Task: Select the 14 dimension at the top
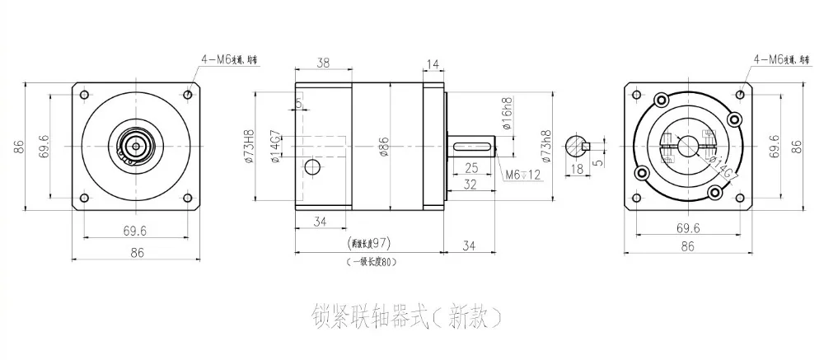tap(433, 62)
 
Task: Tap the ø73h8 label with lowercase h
tap(542, 147)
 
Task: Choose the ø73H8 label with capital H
tap(248, 146)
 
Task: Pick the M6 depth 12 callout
tap(524, 175)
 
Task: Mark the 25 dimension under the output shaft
tap(471, 168)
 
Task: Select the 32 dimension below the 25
tap(471, 185)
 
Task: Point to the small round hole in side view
tap(312, 168)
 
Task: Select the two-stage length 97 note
tap(368, 244)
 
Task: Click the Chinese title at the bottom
tap(406, 316)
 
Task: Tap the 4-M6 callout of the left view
tap(229, 59)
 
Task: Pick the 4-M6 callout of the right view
tap(781, 59)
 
